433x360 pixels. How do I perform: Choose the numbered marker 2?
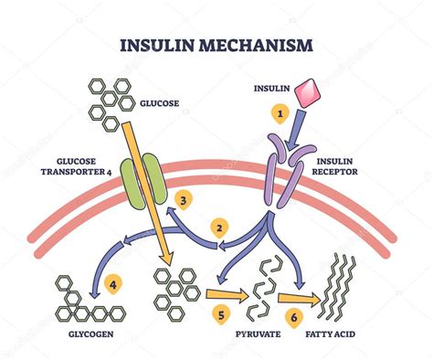(219, 226)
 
